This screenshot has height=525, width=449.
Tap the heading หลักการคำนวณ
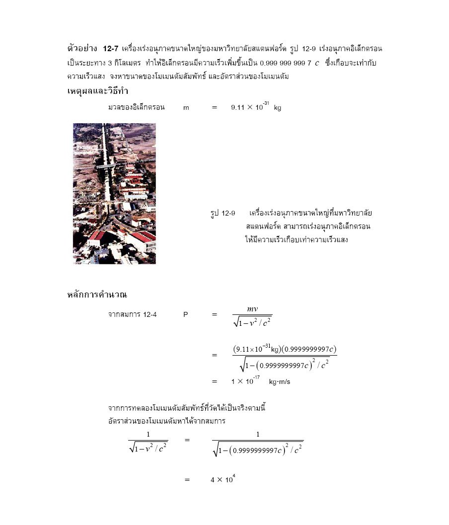pos(97,295)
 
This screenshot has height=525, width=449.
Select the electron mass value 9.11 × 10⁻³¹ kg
pos(256,107)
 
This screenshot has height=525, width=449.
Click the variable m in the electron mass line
pos(186,107)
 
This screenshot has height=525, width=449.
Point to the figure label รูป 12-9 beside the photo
pos(223,213)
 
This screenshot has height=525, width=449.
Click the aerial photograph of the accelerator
pos(114,194)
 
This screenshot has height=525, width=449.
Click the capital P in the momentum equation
pos(185,314)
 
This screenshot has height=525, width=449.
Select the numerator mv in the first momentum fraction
pos(252,309)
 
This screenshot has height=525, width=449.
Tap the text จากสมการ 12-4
pos(133,314)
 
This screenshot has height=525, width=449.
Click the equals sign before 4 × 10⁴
pos(187,480)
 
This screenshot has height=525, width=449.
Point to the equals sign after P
pos(215,314)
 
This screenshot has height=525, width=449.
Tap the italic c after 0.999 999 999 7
pos(317,63)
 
